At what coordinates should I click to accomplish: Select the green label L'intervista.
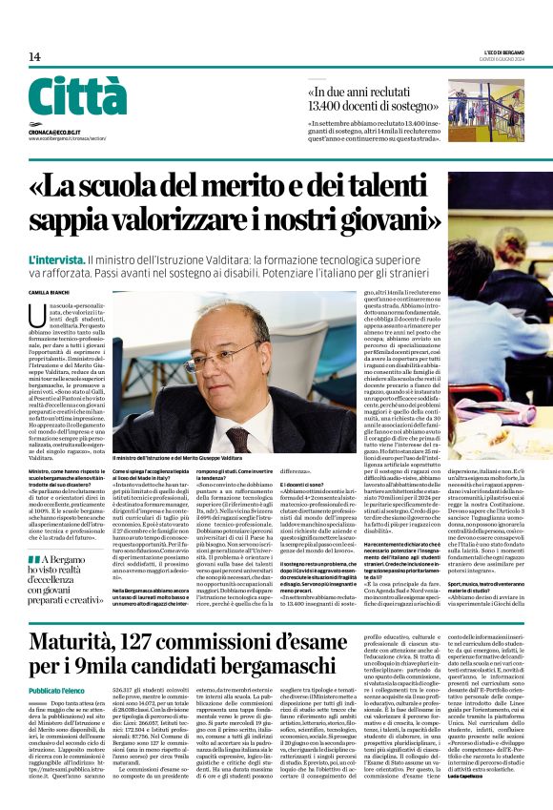point(55,260)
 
